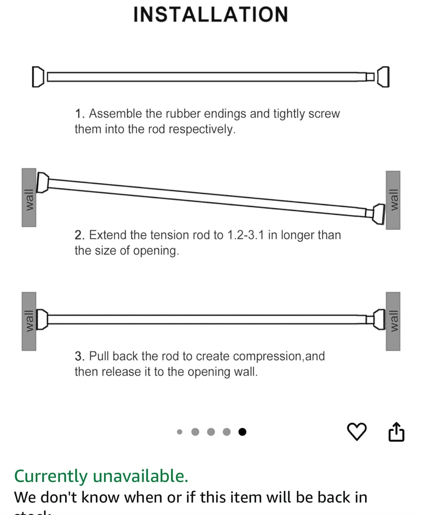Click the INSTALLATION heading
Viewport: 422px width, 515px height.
211,15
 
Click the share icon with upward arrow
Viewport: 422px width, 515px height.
396,432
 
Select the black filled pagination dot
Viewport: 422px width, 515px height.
242,432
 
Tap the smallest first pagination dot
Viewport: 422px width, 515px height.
180,432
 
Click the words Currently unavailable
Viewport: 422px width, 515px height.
101,476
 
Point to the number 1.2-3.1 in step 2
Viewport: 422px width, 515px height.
246,235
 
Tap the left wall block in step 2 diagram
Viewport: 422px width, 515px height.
29,197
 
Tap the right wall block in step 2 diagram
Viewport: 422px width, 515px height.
393,200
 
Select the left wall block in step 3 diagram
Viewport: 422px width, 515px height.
29,321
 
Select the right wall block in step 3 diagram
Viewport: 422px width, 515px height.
393,321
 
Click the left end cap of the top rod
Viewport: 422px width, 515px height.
37,77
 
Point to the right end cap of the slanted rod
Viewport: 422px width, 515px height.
378,214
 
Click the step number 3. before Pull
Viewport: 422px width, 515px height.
80,356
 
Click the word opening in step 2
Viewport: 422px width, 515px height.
156,251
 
